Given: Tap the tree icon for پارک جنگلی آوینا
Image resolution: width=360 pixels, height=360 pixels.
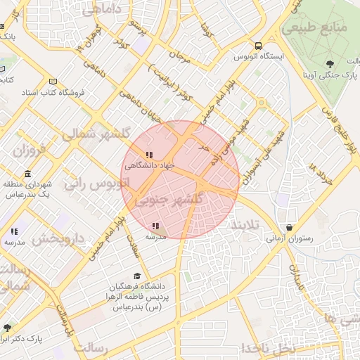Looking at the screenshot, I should tap(330, 65).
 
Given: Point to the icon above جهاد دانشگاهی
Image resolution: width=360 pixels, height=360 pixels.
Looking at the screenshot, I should tap(148, 155).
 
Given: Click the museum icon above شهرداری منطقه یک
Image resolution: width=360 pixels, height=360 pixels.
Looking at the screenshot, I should tap(27, 174).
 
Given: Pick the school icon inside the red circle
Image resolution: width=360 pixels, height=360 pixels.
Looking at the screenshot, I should tap(155, 226).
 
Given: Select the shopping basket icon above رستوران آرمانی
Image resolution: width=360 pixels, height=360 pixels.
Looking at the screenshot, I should tap(290, 227).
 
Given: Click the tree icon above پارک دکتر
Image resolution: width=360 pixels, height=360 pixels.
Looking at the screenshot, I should tap(8, 328).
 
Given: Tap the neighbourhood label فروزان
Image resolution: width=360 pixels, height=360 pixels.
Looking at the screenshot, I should tap(30, 150).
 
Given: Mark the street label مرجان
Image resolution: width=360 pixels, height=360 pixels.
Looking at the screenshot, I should tap(184, 56).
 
